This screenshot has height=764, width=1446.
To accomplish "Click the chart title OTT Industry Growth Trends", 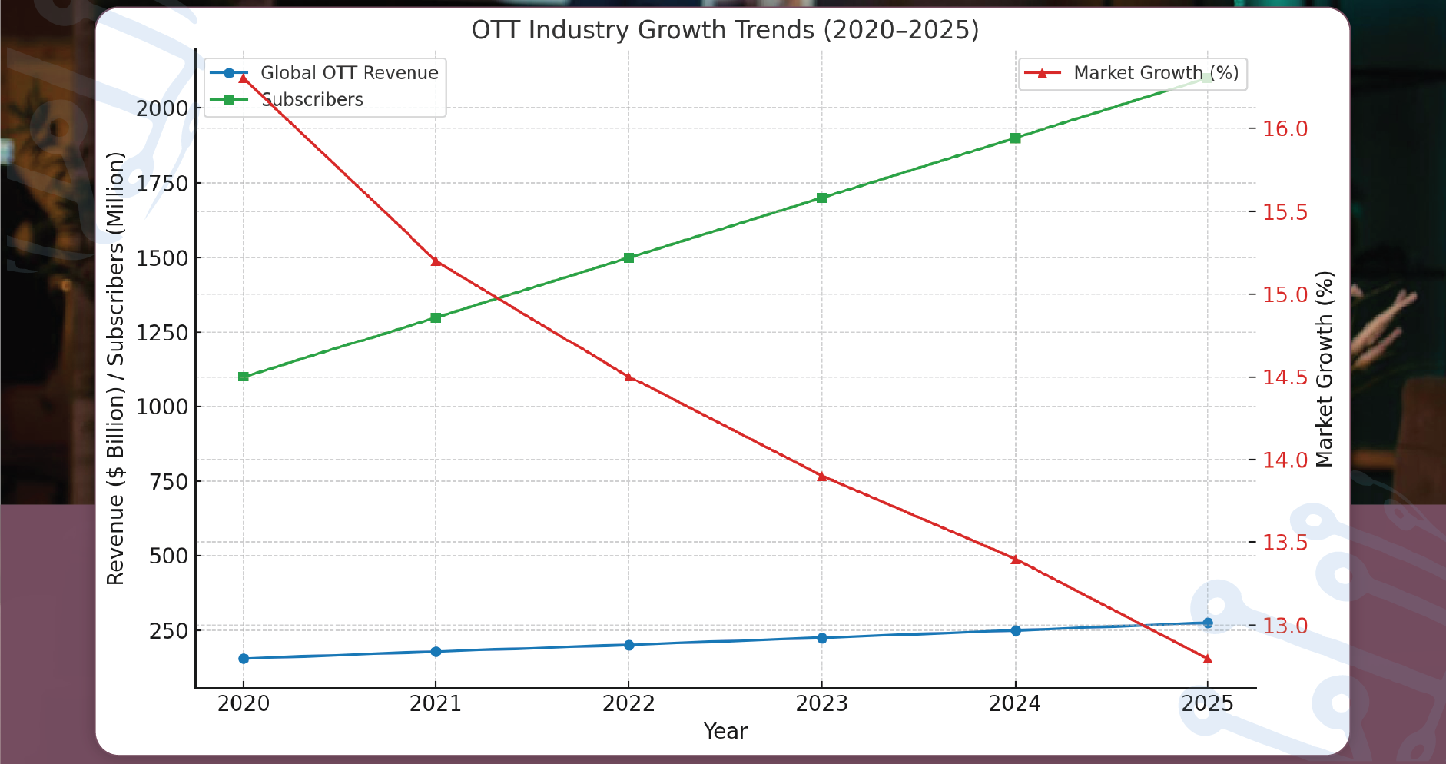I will (x=725, y=30).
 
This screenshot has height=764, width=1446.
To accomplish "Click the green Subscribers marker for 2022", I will (x=628, y=257).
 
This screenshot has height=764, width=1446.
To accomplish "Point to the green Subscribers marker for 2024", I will (x=1015, y=138).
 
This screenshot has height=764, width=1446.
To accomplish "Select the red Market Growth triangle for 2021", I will (x=436, y=261).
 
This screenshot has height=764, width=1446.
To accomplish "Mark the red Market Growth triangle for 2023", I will (x=821, y=477).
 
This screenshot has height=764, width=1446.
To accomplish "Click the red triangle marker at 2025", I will (x=1207, y=659).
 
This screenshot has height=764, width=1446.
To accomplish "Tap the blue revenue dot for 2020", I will (x=244, y=659).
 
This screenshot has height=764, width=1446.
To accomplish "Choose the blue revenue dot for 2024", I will (x=1015, y=630).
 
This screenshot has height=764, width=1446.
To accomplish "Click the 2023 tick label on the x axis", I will (x=821, y=704).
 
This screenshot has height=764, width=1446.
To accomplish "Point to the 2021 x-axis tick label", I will (x=436, y=704).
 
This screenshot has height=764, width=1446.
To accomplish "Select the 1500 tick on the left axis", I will (x=162, y=258).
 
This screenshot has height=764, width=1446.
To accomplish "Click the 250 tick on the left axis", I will (x=168, y=630).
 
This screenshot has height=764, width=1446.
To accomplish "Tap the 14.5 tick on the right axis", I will (x=1285, y=377).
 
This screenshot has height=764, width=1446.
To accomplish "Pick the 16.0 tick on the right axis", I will (x=1285, y=129).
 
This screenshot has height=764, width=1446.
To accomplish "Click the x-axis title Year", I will (x=725, y=732).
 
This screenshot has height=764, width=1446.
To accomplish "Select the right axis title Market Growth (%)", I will (x=1324, y=369).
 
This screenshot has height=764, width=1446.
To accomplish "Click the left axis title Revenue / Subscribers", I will (x=115, y=369).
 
